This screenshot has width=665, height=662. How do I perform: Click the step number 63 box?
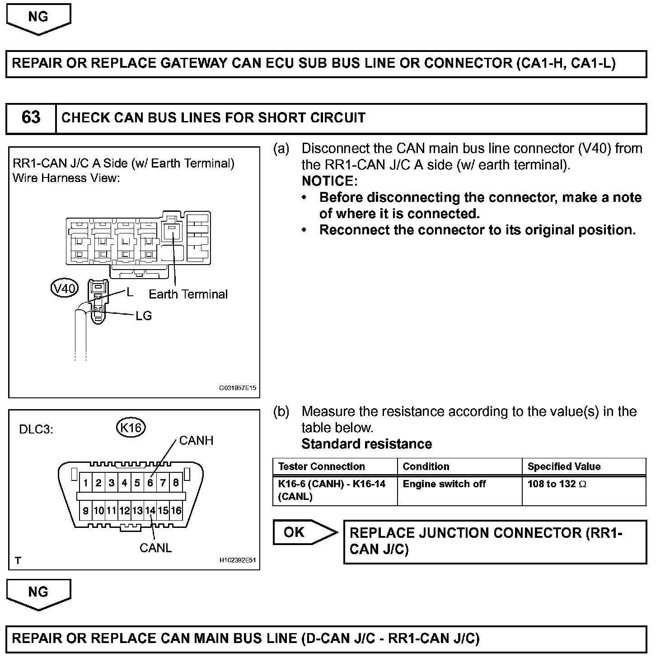[x=31, y=118]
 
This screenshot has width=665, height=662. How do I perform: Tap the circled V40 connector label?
[x=65, y=288]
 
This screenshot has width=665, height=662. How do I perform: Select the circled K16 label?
[x=131, y=427]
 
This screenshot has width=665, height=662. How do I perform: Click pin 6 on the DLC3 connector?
[x=150, y=483]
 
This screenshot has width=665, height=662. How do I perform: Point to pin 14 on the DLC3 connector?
[x=150, y=511]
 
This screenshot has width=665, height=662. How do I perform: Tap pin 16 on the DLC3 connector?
[x=176, y=511]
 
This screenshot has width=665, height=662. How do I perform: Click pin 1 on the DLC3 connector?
[x=85, y=483]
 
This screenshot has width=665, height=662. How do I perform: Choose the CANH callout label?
[x=196, y=441]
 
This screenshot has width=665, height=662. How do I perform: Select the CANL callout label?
[x=156, y=548]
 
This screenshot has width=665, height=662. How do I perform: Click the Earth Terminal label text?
[x=188, y=294]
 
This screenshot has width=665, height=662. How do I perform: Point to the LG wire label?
[x=144, y=316]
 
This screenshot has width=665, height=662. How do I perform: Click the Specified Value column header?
[x=564, y=466]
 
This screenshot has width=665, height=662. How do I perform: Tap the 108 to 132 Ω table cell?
[x=557, y=484]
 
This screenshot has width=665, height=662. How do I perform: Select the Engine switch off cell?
[x=444, y=484]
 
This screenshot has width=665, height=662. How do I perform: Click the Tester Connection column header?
[x=321, y=466]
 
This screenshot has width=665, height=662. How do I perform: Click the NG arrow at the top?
[x=38, y=18]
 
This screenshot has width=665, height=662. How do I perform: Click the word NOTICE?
[x=329, y=181]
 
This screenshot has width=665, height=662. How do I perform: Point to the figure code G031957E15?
[x=238, y=388]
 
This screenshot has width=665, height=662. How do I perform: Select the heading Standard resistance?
[x=366, y=444]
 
